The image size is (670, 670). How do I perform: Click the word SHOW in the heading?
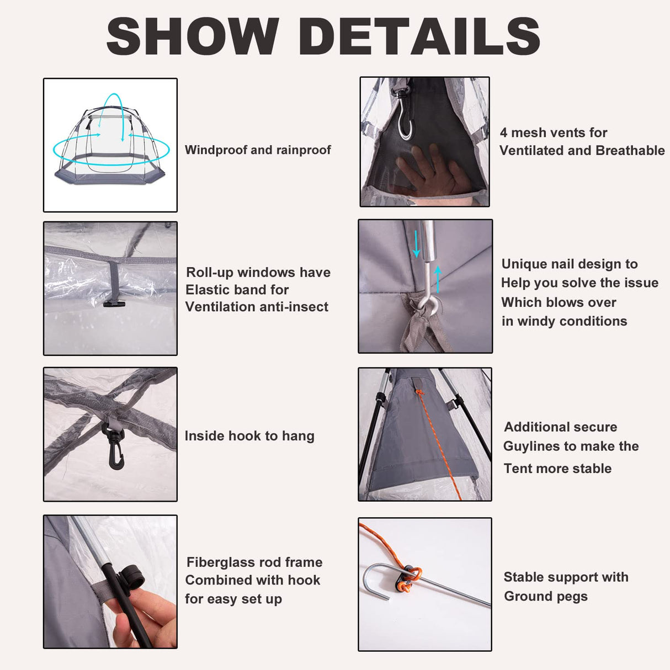click(193, 36)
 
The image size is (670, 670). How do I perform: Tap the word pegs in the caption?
click(573, 597)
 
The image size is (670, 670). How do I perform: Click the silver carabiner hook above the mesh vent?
click(403, 116)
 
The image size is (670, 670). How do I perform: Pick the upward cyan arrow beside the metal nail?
click(438, 280)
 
